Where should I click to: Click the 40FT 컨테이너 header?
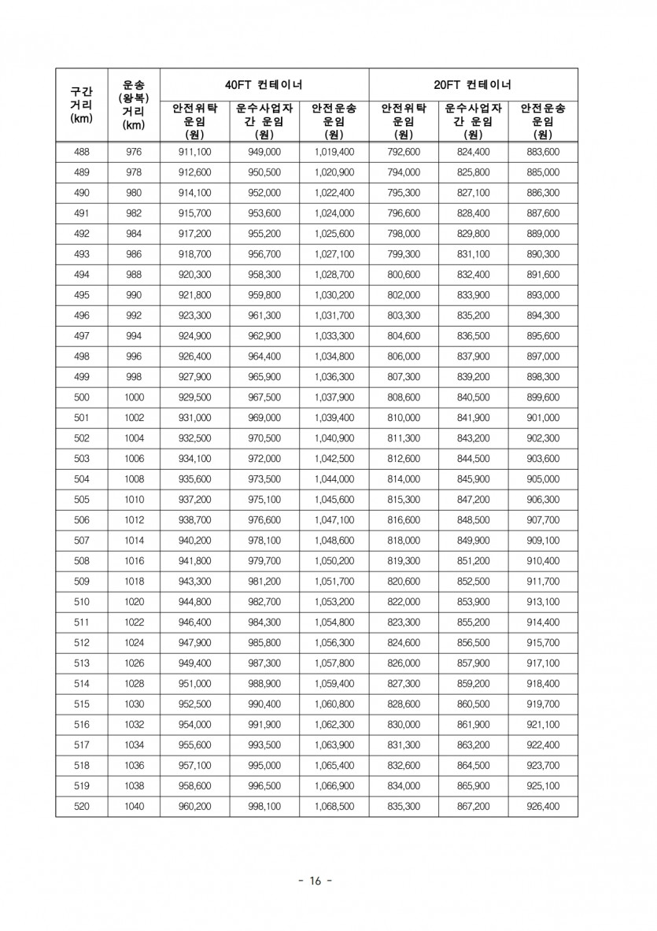[264, 84]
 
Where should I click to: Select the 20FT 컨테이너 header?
[473, 84]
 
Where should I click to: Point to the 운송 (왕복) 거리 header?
[134, 105]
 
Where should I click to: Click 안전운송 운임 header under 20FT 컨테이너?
[542, 120]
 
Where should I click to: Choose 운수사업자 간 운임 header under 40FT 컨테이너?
[264, 120]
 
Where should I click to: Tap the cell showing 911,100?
[194, 152]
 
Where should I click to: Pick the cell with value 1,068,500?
[334, 807]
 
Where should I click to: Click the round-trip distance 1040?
[134, 807]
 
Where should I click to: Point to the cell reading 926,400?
[542, 807]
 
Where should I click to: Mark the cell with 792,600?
[404, 152]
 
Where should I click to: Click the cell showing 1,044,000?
[334, 479]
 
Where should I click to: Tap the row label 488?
[81, 152]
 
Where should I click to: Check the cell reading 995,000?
[264, 766]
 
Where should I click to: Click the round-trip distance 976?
[134, 152]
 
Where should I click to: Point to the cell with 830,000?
[404, 725]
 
